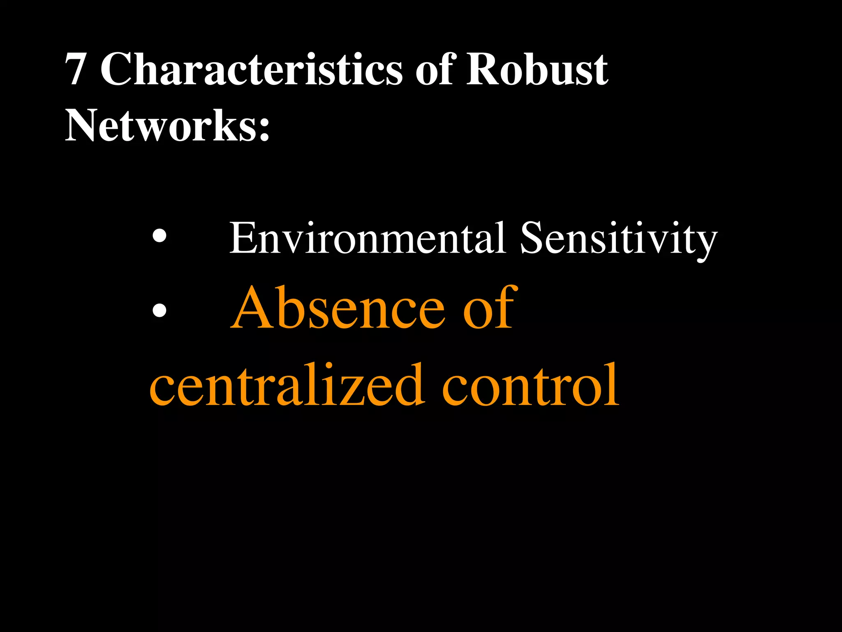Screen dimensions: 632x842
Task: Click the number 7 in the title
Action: point(76,70)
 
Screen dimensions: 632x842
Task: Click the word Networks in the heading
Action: point(161,125)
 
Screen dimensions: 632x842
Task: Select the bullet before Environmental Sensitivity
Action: point(159,236)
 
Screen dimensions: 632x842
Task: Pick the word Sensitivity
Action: point(618,239)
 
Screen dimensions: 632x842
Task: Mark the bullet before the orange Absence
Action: point(159,310)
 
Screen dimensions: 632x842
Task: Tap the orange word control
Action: point(530,384)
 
